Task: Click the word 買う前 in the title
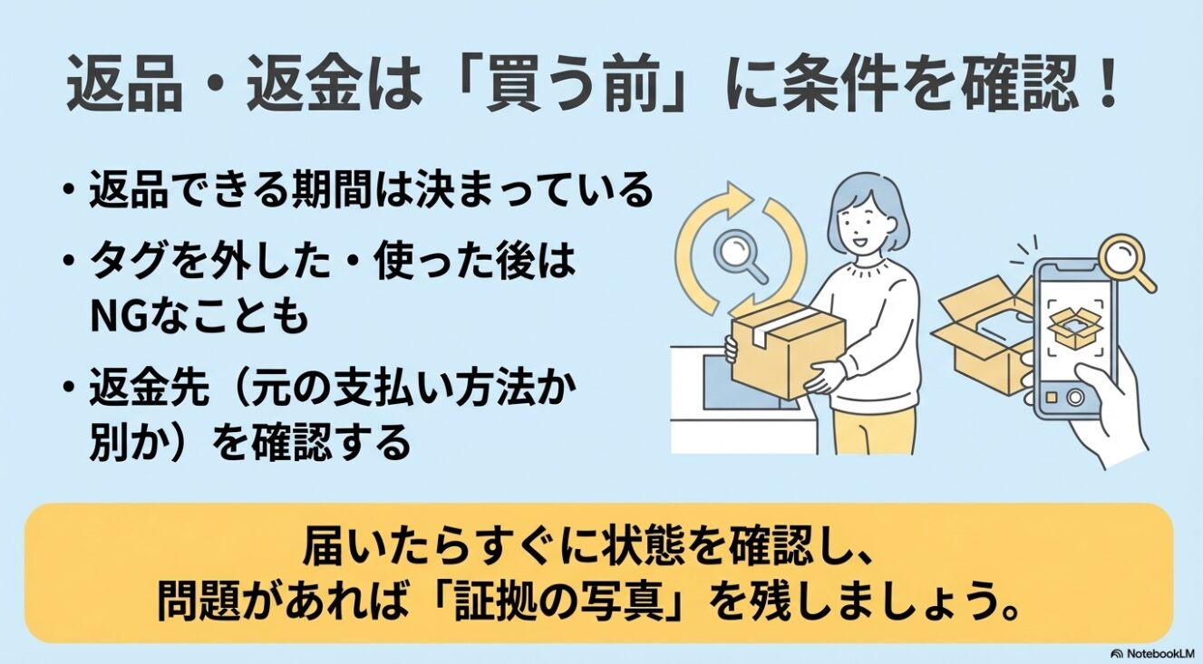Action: point(573,86)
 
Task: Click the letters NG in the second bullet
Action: point(114,318)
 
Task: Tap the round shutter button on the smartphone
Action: point(1075,397)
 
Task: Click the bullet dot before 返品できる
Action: point(68,191)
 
